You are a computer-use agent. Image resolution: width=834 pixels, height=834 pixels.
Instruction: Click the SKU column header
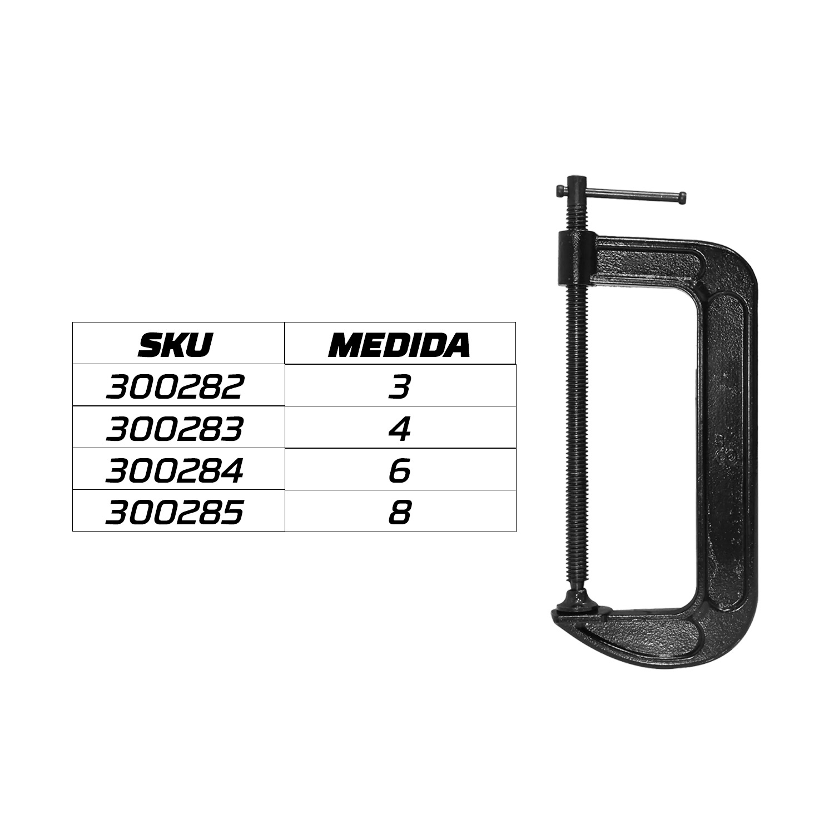175,345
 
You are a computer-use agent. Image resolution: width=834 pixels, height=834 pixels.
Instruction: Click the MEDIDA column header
399,345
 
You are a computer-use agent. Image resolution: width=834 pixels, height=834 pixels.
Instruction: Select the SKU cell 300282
175,387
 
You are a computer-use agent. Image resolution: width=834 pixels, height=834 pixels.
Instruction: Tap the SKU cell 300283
175,429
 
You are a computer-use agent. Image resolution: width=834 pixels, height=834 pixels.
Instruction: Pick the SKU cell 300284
175,471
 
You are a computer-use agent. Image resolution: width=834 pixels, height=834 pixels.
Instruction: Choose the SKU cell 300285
175,513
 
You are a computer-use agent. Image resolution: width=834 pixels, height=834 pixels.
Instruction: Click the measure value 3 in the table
399,387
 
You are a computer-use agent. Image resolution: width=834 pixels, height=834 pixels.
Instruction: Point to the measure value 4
399,429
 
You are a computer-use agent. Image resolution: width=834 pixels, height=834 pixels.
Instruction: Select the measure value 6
399,471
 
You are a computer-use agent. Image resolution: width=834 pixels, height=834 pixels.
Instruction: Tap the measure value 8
399,513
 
